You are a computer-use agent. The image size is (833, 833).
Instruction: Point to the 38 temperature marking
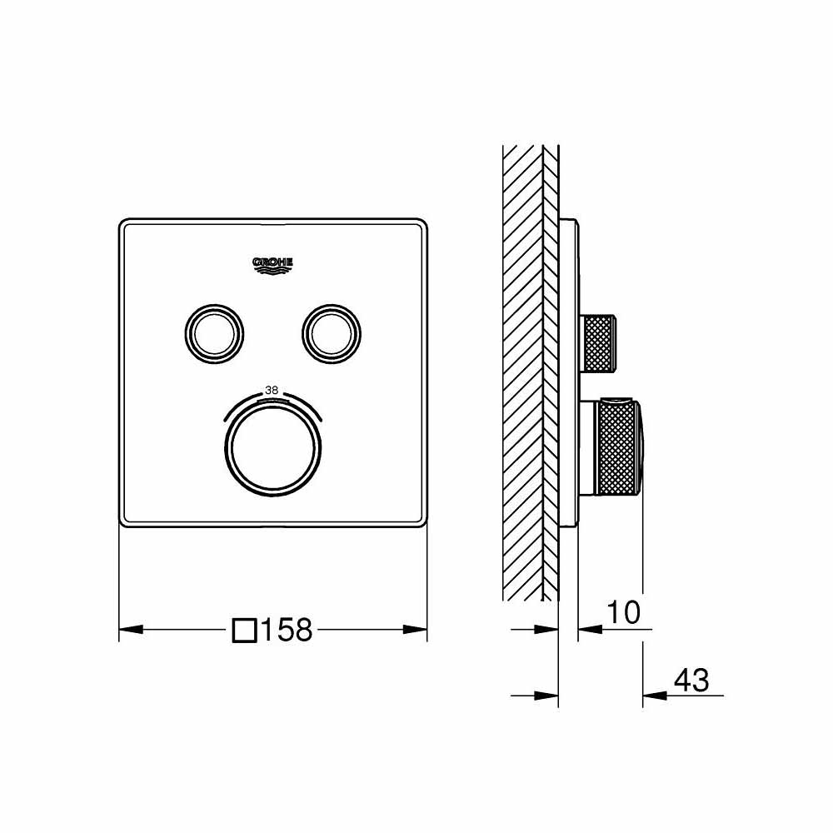point(272,388)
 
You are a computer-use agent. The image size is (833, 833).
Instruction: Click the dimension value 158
point(287,630)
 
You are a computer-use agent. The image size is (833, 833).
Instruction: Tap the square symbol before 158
point(243,630)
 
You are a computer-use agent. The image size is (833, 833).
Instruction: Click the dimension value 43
point(691,680)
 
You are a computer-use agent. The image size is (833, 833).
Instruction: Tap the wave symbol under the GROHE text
point(272,269)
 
